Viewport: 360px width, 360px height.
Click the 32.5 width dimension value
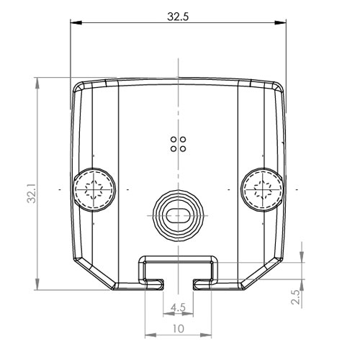click(178, 17)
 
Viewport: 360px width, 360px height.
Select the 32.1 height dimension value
click(32, 194)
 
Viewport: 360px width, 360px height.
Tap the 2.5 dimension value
click(295, 297)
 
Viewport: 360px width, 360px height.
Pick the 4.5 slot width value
click(178, 307)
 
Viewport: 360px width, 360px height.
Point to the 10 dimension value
click(178, 328)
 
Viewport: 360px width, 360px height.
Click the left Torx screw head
click(94, 189)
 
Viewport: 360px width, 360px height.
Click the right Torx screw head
click(262, 189)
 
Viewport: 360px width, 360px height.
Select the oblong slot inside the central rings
click(178, 215)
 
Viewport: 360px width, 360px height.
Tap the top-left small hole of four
click(174, 140)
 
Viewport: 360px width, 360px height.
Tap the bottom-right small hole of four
click(183, 149)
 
